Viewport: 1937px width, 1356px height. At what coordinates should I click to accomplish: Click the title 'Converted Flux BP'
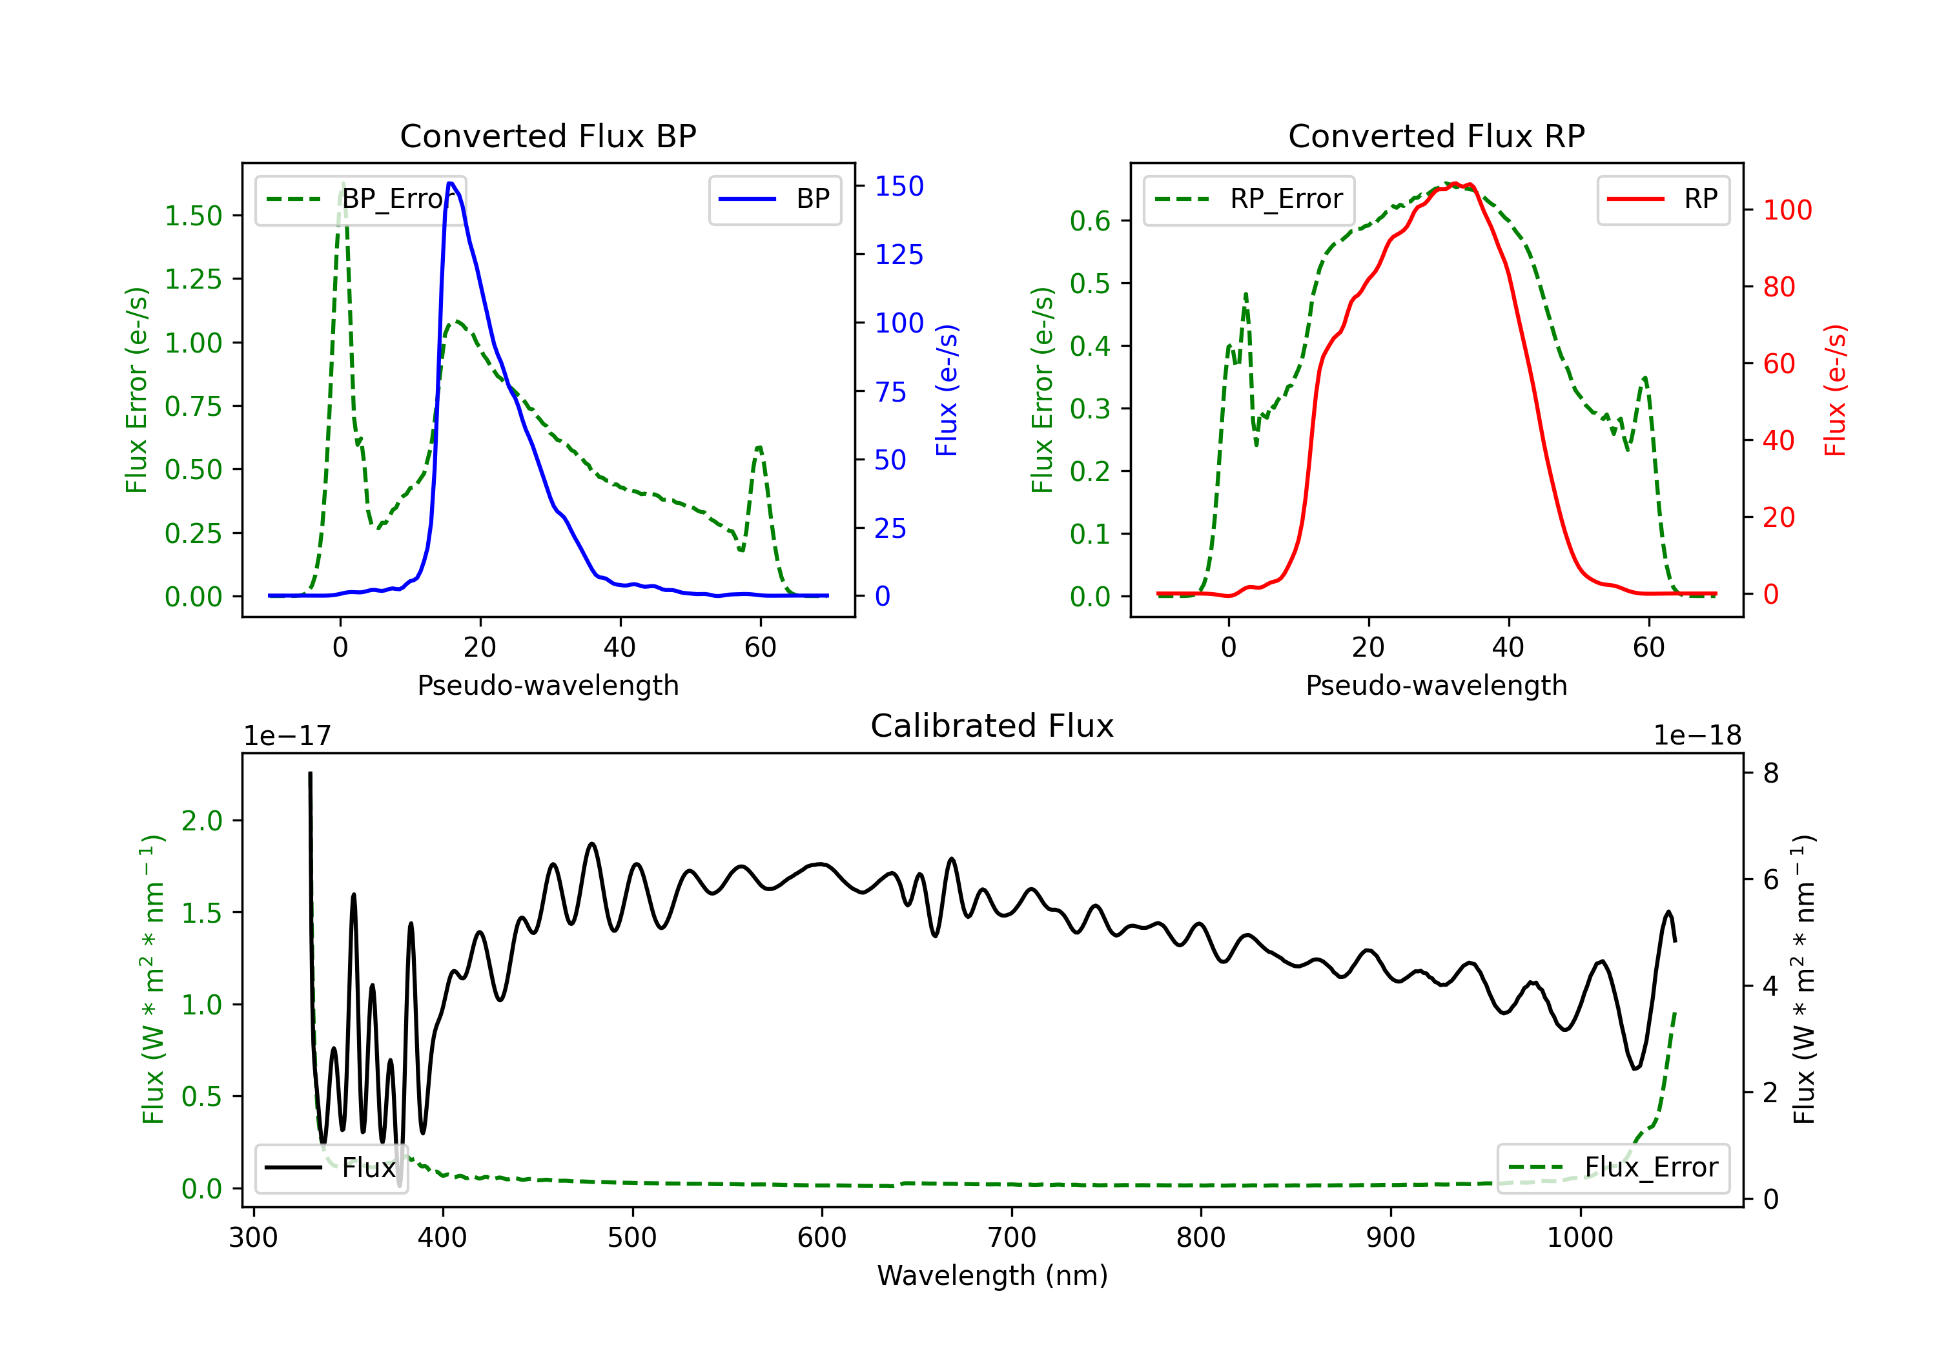click(x=548, y=136)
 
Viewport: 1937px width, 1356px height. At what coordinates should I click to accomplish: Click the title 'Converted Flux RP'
click(x=1436, y=136)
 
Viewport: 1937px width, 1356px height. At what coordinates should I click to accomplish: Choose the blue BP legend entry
click(x=774, y=199)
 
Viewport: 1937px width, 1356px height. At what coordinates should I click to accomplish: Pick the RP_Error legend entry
click(x=1249, y=199)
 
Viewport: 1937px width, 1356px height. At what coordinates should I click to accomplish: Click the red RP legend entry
click(x=1663, y=199)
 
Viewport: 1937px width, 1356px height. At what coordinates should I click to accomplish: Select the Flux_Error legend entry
click(x=1613, y=1168)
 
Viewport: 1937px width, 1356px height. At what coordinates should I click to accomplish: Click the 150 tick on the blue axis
click(x=899, y=187)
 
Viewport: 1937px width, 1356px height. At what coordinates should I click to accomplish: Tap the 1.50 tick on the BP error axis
click(x=193, y=216)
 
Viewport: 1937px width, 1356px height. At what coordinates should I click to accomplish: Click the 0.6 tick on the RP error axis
click(x=1090, y=221)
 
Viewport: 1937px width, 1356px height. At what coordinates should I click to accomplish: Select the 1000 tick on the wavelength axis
click(x=1580, y=1238)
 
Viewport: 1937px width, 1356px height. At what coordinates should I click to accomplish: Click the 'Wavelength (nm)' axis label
click(x=992, y=1275)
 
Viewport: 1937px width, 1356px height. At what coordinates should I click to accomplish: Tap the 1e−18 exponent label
click(x=1697, y=736)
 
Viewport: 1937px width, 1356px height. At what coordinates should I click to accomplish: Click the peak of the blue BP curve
click(x=451, y=183)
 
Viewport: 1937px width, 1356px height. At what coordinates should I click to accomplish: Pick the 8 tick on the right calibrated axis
click(x=1771, y=773)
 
